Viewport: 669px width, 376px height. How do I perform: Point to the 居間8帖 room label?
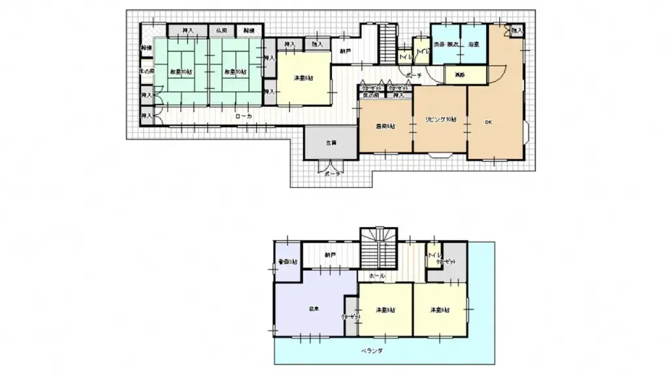(385, 125)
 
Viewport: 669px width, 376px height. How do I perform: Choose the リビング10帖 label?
(440, 119)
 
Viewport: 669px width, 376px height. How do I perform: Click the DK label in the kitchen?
(488, 122)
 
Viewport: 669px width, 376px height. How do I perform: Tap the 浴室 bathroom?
(474, 44)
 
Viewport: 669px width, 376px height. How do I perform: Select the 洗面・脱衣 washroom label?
(445, 44)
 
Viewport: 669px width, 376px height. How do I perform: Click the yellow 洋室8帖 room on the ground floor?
(303, 79)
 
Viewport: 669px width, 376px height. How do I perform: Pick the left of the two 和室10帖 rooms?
(180, 71)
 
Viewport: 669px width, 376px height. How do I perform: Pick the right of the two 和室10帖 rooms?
(233, 71)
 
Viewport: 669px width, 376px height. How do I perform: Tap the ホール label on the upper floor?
(376, 276)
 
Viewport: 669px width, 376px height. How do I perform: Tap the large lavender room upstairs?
(312, 307)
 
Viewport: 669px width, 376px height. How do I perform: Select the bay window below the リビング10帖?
(441, 155)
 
